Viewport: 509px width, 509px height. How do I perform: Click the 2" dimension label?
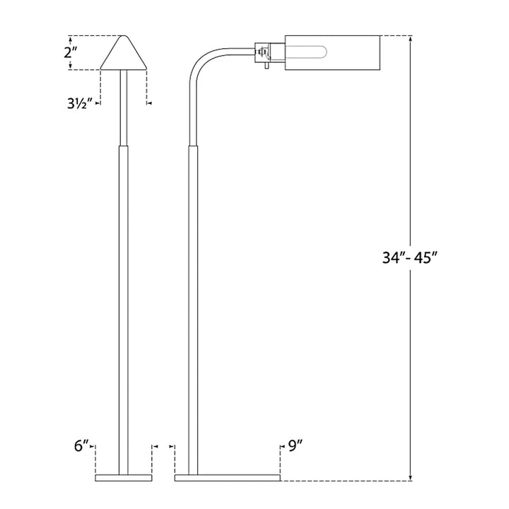click(x=71, y=52)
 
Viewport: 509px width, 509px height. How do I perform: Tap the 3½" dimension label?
click(x=78, y=103)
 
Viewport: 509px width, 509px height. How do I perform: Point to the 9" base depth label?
click(x=296, y=446)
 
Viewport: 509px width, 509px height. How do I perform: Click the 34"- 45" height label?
click(x=410, y=258)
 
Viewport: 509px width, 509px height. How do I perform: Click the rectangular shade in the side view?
click(x=332, y=52)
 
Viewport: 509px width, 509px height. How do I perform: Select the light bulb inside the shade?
click(x=306, y=52)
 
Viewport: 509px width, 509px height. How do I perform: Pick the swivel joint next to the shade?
click(x=262, y=52)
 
